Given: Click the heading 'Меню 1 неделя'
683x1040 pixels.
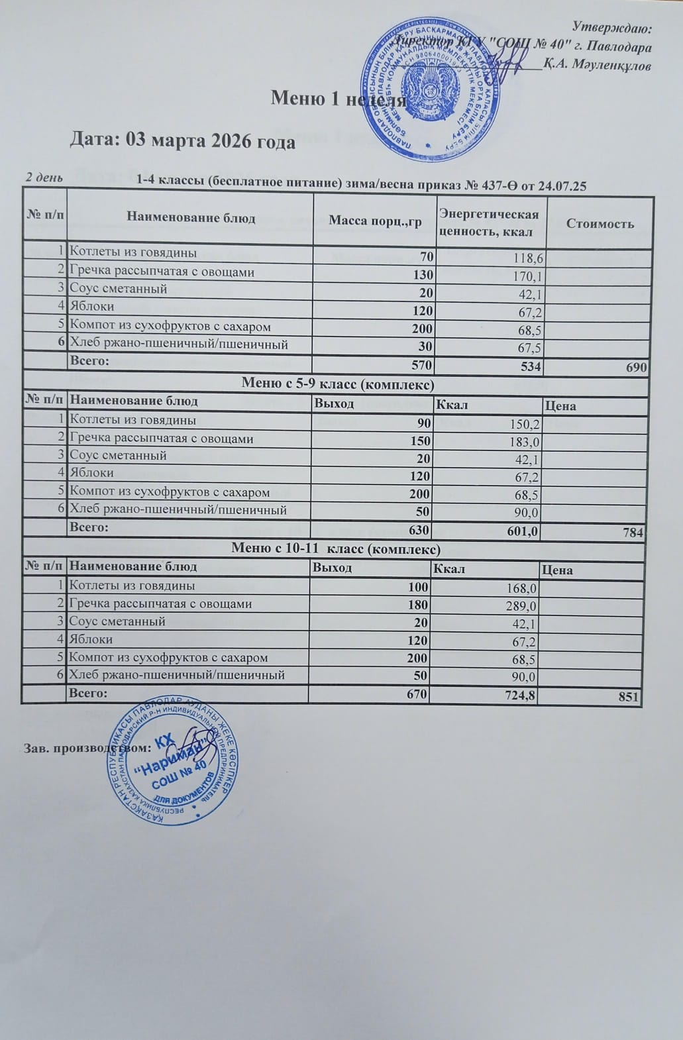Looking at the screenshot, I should pyautogui.click(x=338, y=99).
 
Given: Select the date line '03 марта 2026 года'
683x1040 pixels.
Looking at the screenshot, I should pyautogui.click(x=183, y=141).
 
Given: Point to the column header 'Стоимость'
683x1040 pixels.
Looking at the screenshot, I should pyautogui.click(x=600, y=223).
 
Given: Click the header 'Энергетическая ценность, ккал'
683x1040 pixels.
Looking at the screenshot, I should pyautogui.click(x=489, y=223).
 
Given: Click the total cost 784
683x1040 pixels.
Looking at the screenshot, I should pyautogui.click(x=633, y=531).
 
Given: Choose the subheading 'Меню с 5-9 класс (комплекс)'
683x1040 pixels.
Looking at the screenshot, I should pyautogui.click(x=338, y=384).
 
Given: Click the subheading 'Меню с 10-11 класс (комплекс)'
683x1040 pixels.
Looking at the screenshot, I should pyautogui.click(x=335, y=548).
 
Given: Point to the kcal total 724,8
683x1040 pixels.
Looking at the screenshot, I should pyautogui.click(x=519, y=694).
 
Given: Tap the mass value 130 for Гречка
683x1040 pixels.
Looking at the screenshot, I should pyautogui.click(x=423, y=274).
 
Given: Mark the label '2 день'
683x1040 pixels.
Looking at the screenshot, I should pyautogui.click(x=44, y=178).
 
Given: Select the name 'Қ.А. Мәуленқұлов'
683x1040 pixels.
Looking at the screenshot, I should pyautogui.click(x=597, y=66).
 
